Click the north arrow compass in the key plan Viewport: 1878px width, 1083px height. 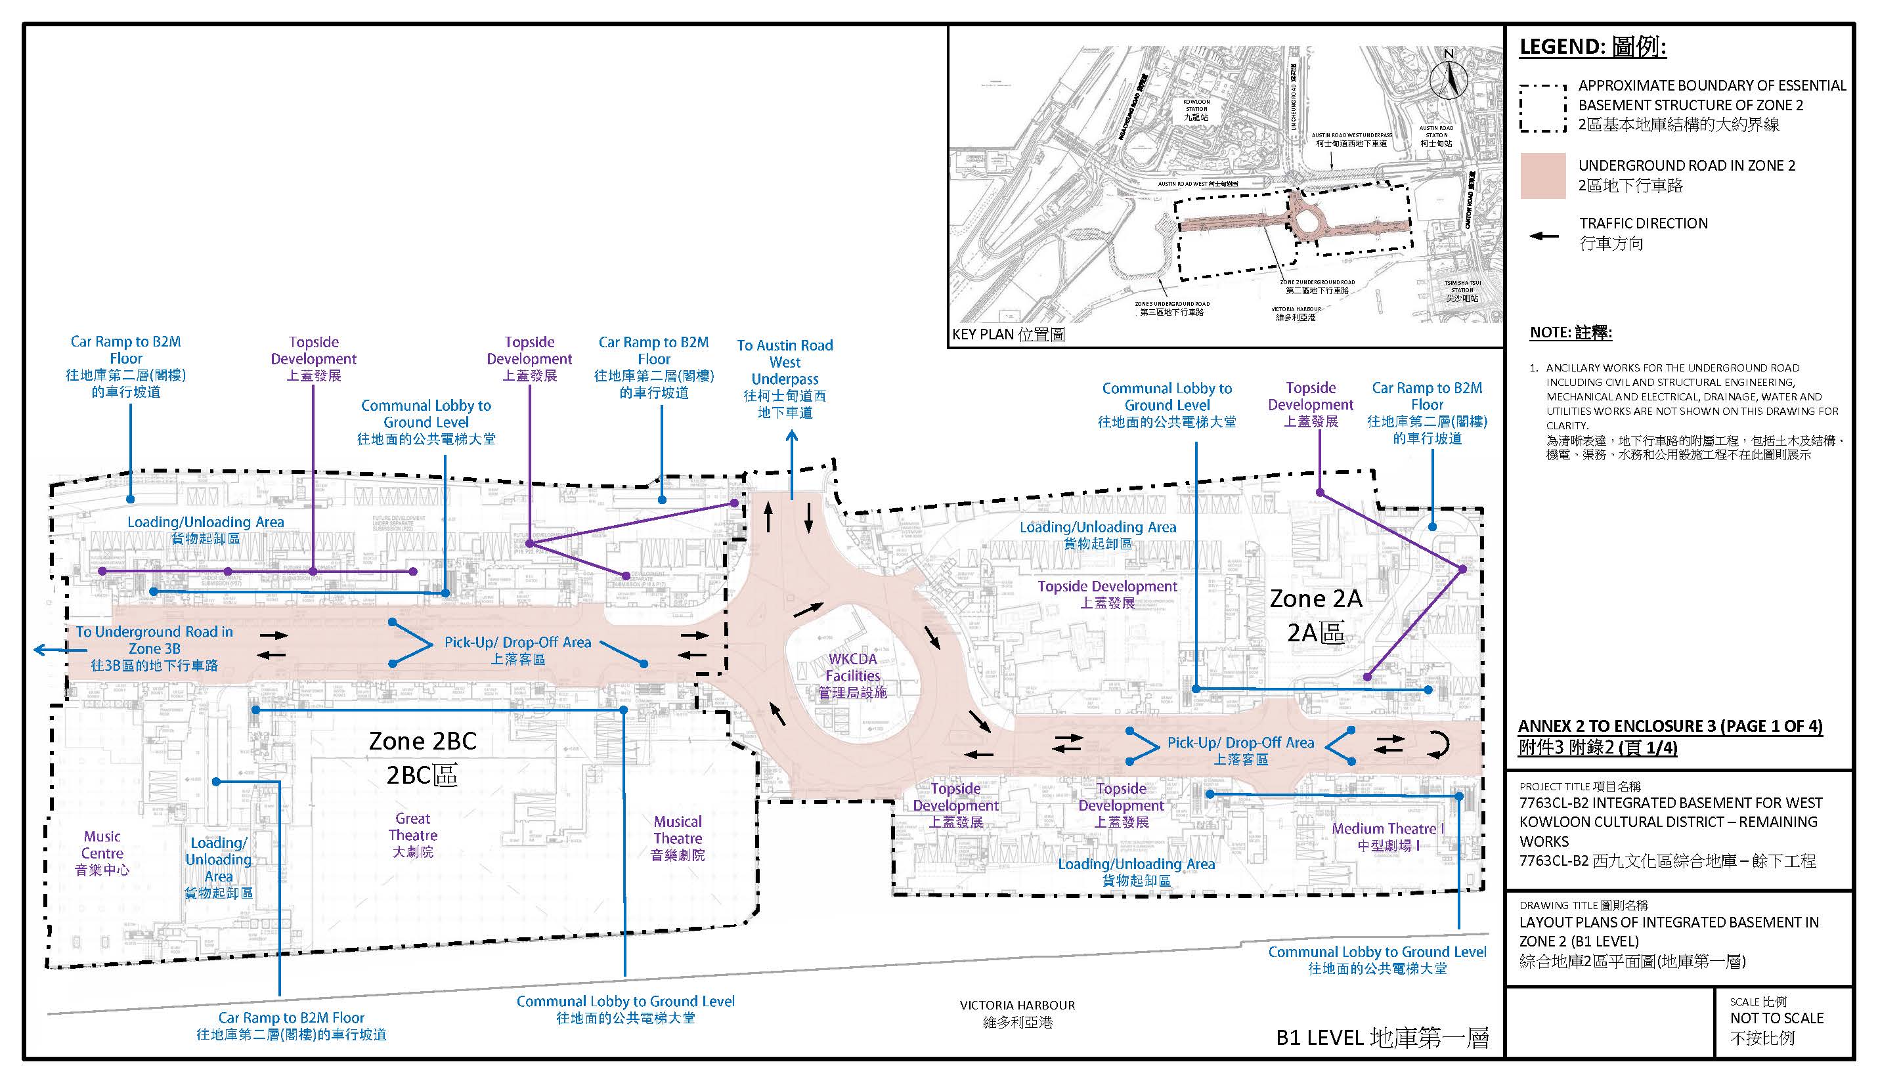pyautogui.click(x=1448, y=76)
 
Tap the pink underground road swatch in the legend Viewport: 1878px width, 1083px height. pyautogui.click(x=1543, y=175)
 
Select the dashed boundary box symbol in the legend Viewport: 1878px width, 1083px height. pyautogui.click(x=1543, y=108)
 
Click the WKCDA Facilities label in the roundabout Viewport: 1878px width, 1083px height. pyautogui.click(x=853, y=675)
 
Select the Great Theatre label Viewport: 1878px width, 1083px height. pyautogui.click(x=413, y=834)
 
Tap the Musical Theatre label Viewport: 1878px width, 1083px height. pyautogui.click(x=678, y=838)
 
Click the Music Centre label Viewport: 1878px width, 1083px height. pyautogui.click(x=102, y=853)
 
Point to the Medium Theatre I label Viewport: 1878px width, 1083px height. pyautogui.click(x=1388, y=837)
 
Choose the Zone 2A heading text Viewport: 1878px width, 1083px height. pyautogui.click(x=1315, y=615)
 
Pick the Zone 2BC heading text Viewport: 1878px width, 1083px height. pyautogui.click(x=423, y=757)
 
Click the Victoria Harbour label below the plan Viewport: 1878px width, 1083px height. pyautogui.click(x=1017, y=1013)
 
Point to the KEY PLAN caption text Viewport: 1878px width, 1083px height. pyautogui.click(x=1008, y=335)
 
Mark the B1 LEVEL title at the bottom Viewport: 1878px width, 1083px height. pyautogui.click(x=1382, y=1038)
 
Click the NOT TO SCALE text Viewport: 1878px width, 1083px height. pyautogui.click(x=1776, y=1018)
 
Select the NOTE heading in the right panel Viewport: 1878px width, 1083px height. pyautogui.click(x=1571, y=333)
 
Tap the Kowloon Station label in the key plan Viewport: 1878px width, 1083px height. pyautogui.click(x=1196, y=110)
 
